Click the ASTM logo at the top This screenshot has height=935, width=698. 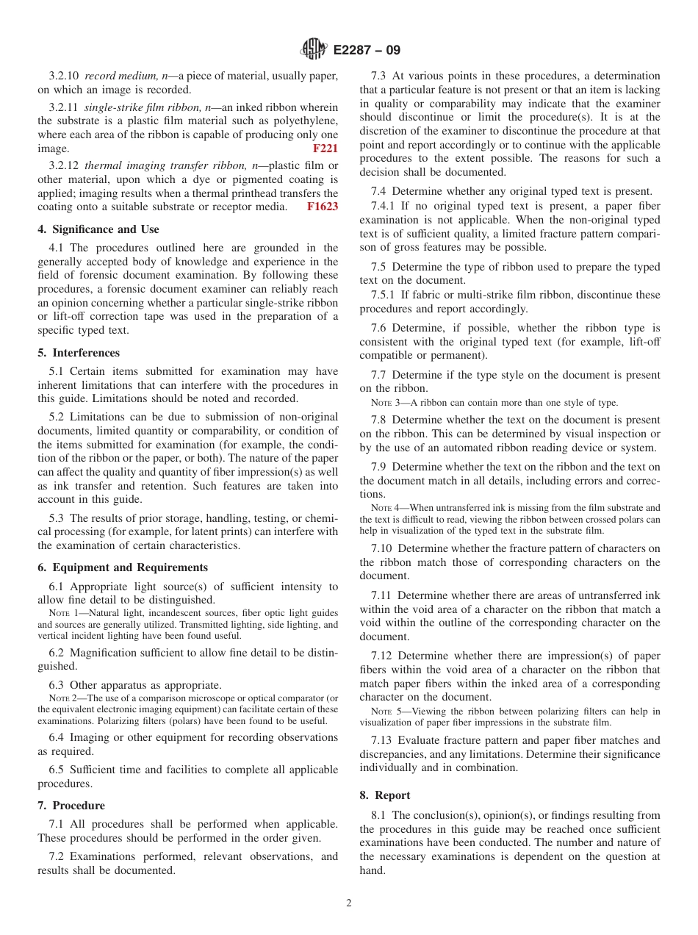tap(313, 50)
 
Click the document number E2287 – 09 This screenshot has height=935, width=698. tap(367, 51)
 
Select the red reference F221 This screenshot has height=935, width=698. tap(325, 148)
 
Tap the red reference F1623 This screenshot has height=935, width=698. tap(323, 207)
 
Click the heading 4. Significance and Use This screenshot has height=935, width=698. tap(98, 229)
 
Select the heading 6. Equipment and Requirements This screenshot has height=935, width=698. tap(123, 567)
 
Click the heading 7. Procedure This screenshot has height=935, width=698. tap(71, 806)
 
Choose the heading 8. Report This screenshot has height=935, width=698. tap(385, 795)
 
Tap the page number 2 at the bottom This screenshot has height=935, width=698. tap(349, 903)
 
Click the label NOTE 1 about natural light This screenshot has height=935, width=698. tap(63, 613)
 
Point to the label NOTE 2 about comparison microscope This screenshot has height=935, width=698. tap(63, 698)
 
